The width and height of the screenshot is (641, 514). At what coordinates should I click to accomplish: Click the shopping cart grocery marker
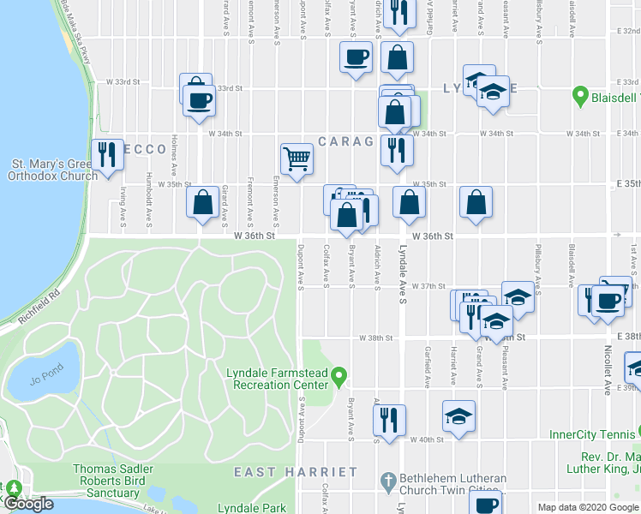296,158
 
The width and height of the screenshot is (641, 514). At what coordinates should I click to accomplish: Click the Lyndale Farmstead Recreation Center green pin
339,374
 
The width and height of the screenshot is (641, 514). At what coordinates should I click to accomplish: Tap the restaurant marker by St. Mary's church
107,155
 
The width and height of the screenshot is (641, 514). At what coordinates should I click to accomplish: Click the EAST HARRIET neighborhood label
296,472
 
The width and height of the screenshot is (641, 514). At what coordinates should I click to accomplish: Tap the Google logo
29,504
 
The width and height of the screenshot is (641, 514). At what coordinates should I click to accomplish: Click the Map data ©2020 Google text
588,507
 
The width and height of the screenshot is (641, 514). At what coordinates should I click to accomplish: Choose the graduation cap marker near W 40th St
458,415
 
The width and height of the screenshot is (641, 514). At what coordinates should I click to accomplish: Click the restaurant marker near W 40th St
389,420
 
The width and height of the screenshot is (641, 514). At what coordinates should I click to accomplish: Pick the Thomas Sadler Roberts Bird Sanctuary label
106,481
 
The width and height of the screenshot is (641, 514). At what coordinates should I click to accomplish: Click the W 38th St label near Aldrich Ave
374,338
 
